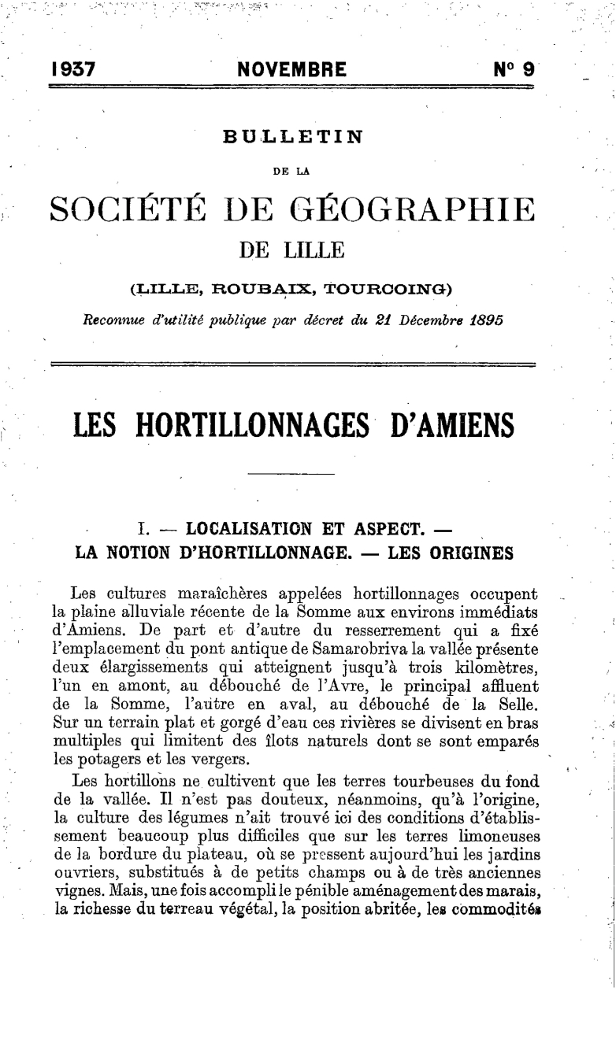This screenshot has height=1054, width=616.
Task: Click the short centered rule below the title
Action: click(291, 475)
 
